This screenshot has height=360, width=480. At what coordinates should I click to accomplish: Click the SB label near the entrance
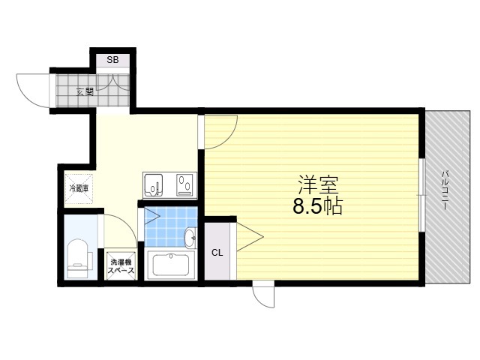coord(112,60)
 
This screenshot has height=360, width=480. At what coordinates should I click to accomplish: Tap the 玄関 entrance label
coord(85,91)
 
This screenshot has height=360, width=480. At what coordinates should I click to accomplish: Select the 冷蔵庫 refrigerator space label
coord(79,188)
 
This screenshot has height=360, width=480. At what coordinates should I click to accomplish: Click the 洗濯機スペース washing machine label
coord(121,266)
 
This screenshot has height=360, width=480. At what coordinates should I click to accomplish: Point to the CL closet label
coord(217,253)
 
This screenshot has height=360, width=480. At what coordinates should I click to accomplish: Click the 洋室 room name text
coord(318,185)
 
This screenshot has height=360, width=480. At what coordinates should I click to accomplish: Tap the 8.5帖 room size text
coord(318,207)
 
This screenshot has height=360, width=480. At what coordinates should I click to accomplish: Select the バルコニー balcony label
coord(445,190)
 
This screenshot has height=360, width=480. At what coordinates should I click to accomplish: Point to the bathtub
coord(171,265)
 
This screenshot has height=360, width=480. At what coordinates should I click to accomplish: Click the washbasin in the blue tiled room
coord(191,237)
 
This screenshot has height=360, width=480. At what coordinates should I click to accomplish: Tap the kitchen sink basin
coord(153,185)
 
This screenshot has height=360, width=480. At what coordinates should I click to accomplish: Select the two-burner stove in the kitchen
coord(185,184)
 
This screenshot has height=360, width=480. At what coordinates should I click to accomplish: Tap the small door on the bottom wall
coord(263,295)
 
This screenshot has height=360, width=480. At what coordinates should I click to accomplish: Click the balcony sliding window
coord(422,194)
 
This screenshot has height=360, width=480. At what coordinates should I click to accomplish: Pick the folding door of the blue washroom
coord(152,216)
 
